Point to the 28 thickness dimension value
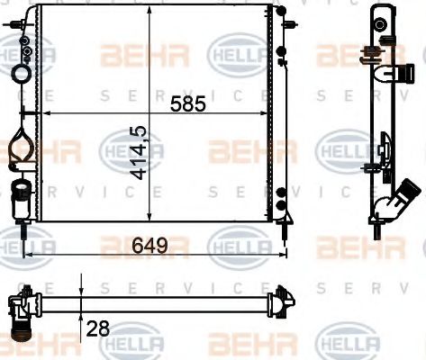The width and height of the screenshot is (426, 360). [x=97, y=328]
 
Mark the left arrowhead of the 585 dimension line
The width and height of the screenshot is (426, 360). [x=48, y=114]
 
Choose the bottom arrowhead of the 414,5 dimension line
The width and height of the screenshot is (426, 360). [x=150, y=216]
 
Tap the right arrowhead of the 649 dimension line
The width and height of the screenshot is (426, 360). [x=286, y=255]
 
